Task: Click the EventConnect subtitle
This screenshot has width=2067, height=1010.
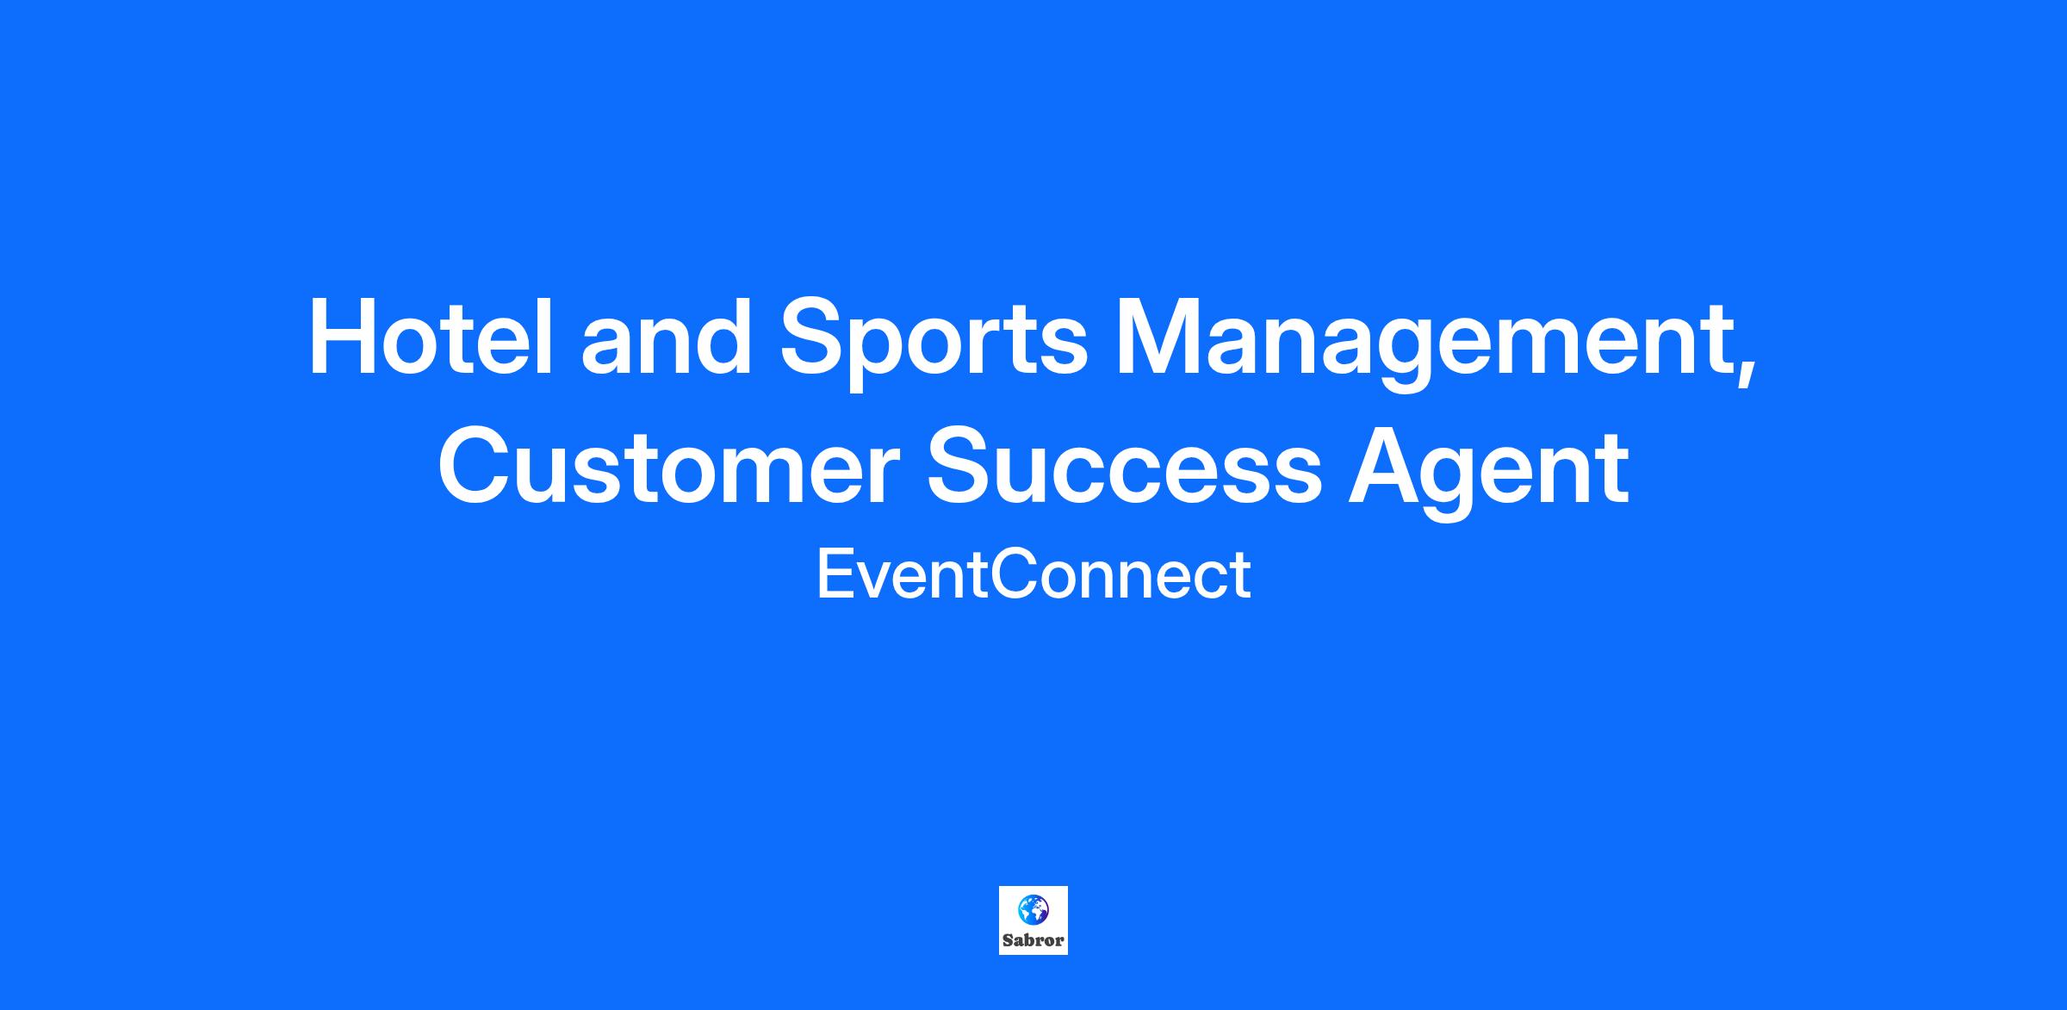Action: point(1033,575)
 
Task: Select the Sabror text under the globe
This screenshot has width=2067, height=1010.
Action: point(1033,940)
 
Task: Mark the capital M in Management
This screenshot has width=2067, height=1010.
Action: point(1159,337)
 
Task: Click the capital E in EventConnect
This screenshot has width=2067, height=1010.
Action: point(834,575)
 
